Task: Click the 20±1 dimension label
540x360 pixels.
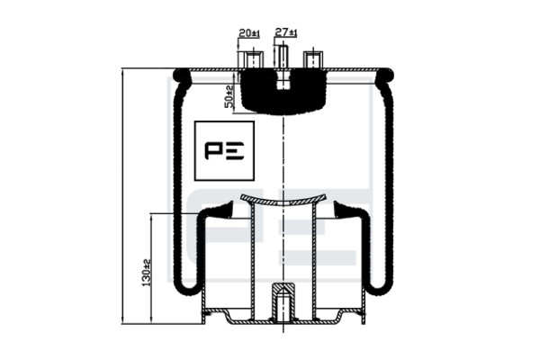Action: pyautogui.click(x=249, y=33)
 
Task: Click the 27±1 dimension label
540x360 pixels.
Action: pyautogui.click(x=286, y=32)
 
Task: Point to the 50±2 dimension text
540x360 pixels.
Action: pyautogui.click(x=229, y=96)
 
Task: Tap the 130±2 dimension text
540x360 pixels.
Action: pyautogui.click(x=147, y=273)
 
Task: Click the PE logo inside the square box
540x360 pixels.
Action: pyautogui.click(x=224, y=150)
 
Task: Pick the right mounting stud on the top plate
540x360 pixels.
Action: pyautogui.click(x=312, y=59)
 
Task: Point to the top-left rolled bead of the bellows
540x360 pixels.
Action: pyautogui.click(x=182, y=76)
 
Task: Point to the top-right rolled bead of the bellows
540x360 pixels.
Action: pyautogui.click(x=384, y=76)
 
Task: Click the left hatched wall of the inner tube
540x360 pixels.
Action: pyautogui.click(x=253, y=262)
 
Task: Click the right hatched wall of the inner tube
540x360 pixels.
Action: pyautogui.click(x=314, y=262)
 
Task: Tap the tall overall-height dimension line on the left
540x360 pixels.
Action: pyautogui.click(x=123, y=196)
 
